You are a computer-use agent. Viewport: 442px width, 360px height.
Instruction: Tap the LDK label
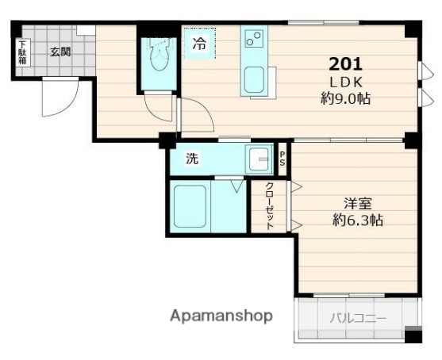point(347,82)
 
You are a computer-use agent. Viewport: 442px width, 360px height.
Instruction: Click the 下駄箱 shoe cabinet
point(22,52)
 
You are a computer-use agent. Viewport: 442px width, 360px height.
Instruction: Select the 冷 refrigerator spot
point(198,44)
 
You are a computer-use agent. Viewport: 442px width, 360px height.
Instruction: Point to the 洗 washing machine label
point(192,159)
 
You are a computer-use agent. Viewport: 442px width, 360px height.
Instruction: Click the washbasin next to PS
point(259,159)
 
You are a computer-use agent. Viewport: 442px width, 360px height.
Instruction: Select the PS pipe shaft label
point(282,159)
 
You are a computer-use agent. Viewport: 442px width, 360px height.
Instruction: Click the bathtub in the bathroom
point(190,208)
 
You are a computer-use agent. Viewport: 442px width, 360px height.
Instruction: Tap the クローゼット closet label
point(271,206)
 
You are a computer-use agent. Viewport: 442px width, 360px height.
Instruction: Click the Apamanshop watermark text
point(221,316)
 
